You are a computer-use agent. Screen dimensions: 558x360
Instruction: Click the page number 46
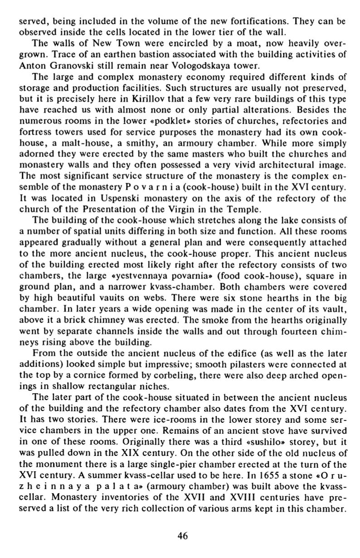point(182,536)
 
